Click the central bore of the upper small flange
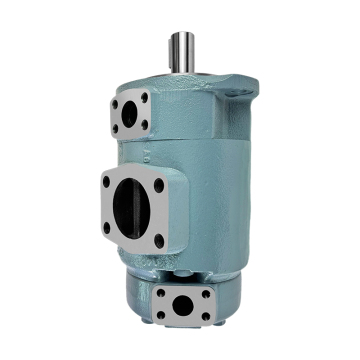coord(129,116)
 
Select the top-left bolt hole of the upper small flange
coord(116,101)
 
